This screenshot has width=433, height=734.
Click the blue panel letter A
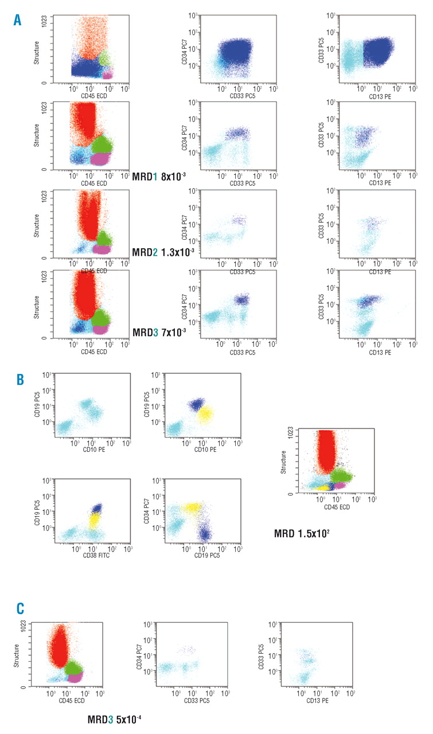tap(18, 21)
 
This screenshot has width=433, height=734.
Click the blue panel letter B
tap(19, 379)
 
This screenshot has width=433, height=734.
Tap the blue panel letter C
tap(19, 623)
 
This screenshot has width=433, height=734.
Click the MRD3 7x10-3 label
tap(159, 331)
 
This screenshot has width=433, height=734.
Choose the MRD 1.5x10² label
tap(302, 533)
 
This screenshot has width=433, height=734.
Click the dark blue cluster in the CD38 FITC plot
tap(97, 508)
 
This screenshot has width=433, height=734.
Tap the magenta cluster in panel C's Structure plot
tap(75, 678)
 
